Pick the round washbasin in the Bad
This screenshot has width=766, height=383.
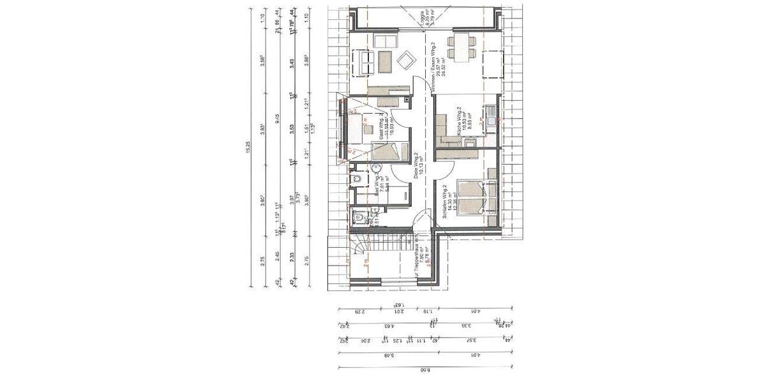click(x=376, y=169)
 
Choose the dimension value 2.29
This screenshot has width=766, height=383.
click(x=359, y=312)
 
